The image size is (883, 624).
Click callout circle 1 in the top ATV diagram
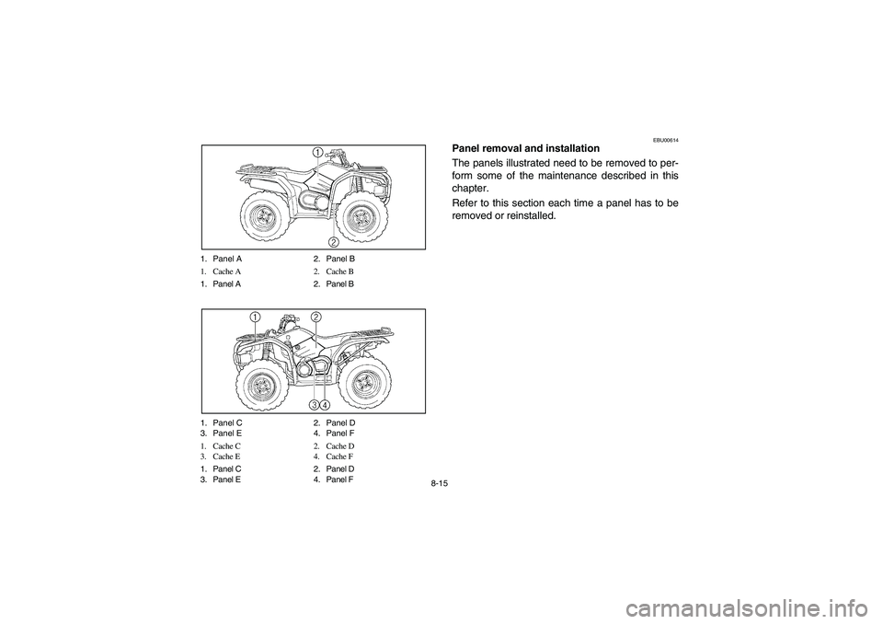tap(315, 152)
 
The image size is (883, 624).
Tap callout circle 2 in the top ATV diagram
tap(334, 242)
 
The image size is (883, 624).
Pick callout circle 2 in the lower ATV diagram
tap(315, 317)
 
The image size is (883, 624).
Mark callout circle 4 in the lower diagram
tap(326, 404)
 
